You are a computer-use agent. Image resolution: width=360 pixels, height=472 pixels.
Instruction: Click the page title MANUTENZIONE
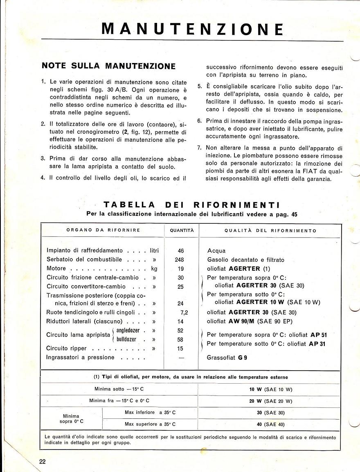192,29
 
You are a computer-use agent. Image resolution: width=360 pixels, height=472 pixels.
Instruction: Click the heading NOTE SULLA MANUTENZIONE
109,66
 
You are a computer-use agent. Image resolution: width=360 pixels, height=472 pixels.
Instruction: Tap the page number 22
43,462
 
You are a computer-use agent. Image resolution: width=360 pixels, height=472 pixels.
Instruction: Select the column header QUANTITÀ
182,231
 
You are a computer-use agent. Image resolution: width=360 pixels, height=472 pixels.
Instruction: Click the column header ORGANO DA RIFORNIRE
103,230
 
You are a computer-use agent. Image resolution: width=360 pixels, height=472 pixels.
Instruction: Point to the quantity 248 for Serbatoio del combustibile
179,260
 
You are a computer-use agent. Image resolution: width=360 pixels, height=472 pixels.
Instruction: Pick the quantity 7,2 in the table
183,312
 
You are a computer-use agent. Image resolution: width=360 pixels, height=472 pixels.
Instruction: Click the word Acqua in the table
216,251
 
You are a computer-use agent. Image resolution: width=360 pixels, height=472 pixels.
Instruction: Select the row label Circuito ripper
66,348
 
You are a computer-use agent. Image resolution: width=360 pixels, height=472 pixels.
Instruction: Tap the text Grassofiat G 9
227,357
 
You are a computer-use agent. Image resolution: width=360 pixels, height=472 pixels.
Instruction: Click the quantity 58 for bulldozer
180,339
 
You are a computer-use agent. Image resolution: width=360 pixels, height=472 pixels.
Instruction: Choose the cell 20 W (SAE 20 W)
270,401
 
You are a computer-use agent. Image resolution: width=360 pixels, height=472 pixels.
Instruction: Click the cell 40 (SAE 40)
270,424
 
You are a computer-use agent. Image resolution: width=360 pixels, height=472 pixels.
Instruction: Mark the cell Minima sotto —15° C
119,389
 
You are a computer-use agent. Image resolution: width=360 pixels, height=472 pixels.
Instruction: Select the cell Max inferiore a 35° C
150,412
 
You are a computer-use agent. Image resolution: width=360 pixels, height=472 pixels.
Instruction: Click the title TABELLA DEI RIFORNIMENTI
191,205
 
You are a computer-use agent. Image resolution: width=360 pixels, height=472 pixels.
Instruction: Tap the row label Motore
56,269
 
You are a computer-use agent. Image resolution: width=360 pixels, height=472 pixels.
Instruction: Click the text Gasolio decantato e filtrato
245,260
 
